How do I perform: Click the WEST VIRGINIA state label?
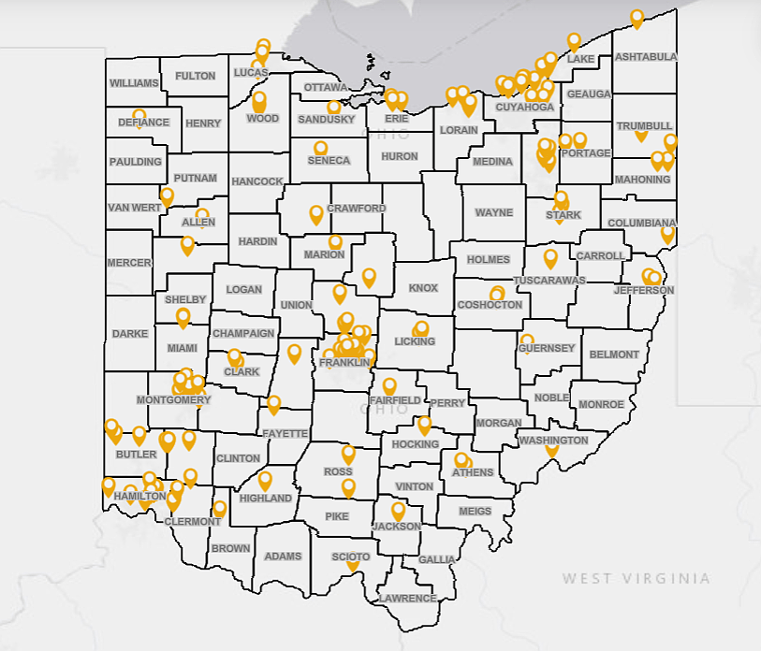[x=636, y=579]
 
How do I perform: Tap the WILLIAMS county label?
[x=134, y=83]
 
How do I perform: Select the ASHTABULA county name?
[x=646, y=57]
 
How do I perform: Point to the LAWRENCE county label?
[x=408, y=598]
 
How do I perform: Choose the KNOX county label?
[x=423, y=288]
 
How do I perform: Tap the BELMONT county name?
[x=614, y=354]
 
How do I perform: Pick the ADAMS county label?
[x=283, y=557]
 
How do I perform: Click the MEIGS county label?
[x=475, y=512]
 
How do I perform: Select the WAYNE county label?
[x=493, y=212]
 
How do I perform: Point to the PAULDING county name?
[x=136, y=162]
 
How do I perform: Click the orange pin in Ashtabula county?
[x=637, y=18]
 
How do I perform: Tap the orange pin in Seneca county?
[x=320, y=148]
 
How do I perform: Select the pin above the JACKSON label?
[x=398, y=511]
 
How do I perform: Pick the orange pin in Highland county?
[x=265, y=480]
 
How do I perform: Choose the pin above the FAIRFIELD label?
[x=388, y=385]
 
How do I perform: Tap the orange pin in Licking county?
[x=422, y=328]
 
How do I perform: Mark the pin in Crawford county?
[x=316, y=214]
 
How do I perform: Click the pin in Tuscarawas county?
[x=550, y=257]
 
